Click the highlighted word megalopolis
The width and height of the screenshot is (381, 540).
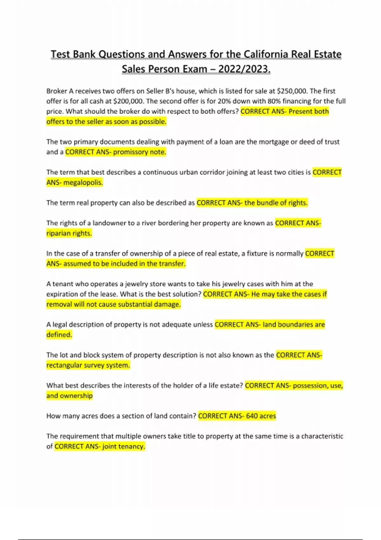click(83, 183)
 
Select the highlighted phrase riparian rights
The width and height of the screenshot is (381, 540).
click(69, 233)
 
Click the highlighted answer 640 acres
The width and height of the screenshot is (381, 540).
click(261, 416)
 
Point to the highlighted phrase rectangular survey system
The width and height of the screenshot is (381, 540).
click(88, 365)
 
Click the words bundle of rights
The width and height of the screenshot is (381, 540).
click(282, 203)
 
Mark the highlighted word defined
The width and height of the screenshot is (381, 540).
click(59, 335)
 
